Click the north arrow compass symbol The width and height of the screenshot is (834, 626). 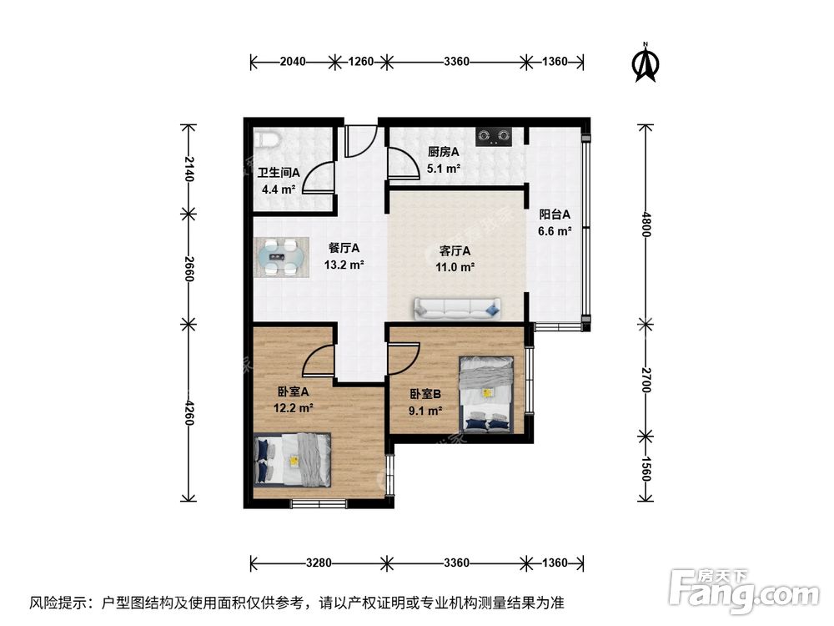tap(645, 63)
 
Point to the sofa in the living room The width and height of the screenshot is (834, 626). tap(456, 309)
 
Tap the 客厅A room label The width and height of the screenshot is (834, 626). tap(456, 250)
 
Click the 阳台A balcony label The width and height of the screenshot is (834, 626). tap(555, 214)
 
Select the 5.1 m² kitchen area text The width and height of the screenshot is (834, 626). tap(443, 168)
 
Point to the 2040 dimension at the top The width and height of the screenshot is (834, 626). tap(292, 61)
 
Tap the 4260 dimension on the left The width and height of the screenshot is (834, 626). tap(189, 411)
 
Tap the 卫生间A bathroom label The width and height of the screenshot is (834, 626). tap(278, 173)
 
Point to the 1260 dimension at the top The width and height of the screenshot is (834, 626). tap(360, 61)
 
